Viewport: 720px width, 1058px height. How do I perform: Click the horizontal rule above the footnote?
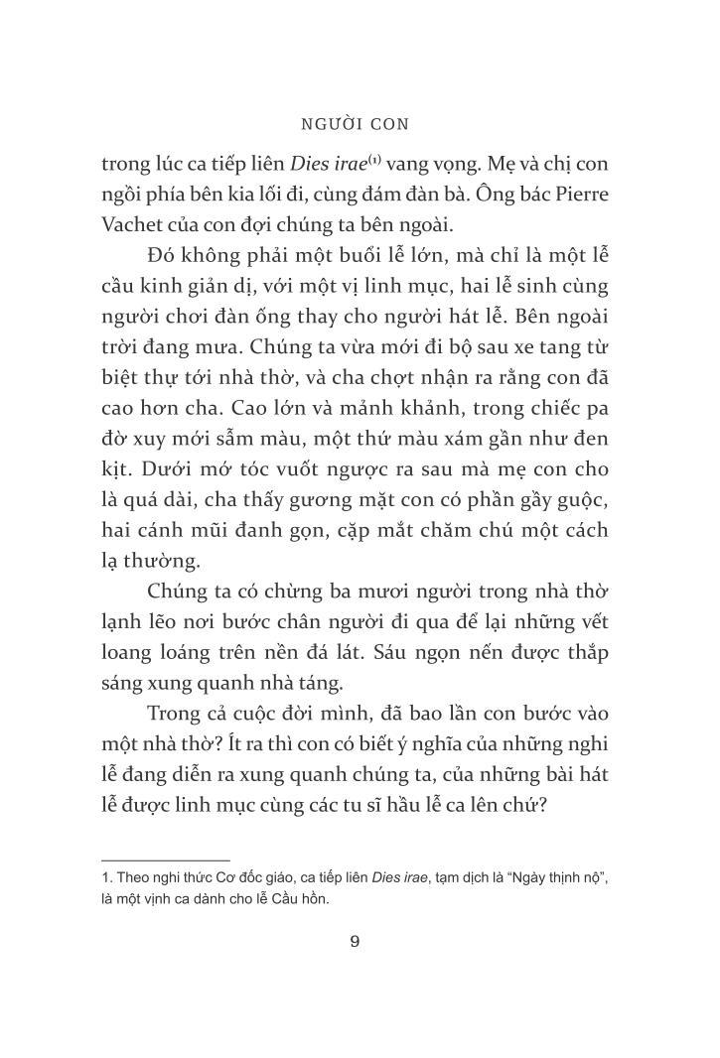165,860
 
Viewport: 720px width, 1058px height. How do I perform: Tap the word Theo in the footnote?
134,880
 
